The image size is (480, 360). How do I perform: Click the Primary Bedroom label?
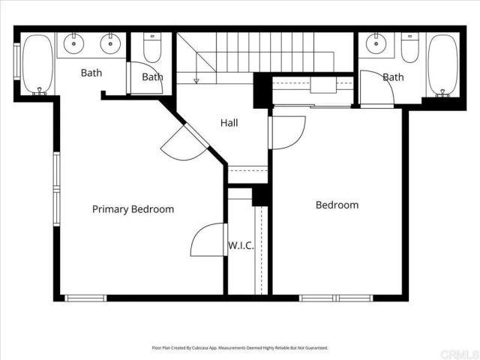click(133, 209)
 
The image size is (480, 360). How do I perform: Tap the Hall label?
click(229, 122)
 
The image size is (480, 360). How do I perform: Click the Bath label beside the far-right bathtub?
click(393, 76)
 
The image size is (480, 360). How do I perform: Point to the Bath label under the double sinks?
click(91, 73)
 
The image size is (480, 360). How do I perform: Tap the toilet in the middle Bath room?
click(152, 48)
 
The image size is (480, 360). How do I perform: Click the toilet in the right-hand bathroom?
click(409, 48)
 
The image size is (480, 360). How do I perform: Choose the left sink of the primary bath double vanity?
click(75, 43)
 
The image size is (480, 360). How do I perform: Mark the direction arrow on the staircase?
click(196, 79)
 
